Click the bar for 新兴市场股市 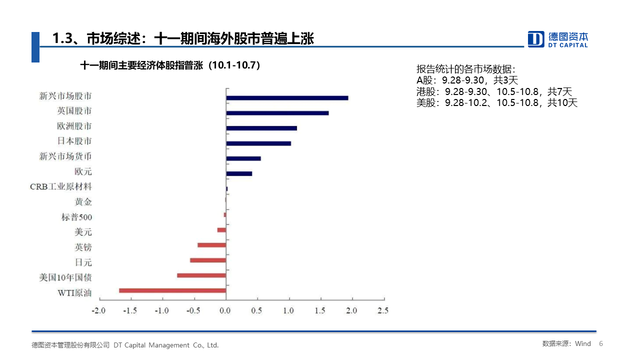tap(287, 98)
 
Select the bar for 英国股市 tap(277, 113)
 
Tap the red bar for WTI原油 tap(172, 290)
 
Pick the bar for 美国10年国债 tap(201, 275)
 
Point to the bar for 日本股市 tap(258, 143)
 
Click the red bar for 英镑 tap(212, 245)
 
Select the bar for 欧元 tap(239, 173)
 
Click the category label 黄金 tap(83, 202)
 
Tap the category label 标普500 tap(76, 217)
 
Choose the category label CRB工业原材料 tap(61, 187)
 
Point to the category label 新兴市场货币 tap(65, 156)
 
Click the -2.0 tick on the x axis tap(99, 310)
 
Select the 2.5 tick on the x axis tap(382, 310)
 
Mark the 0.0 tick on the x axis tap(225, 310)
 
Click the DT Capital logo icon tap(536, 39)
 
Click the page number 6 tap(601, 343)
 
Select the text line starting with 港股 tap(494, 91)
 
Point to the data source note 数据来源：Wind tap(566, 343)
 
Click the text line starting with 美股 tap(497, 103)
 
